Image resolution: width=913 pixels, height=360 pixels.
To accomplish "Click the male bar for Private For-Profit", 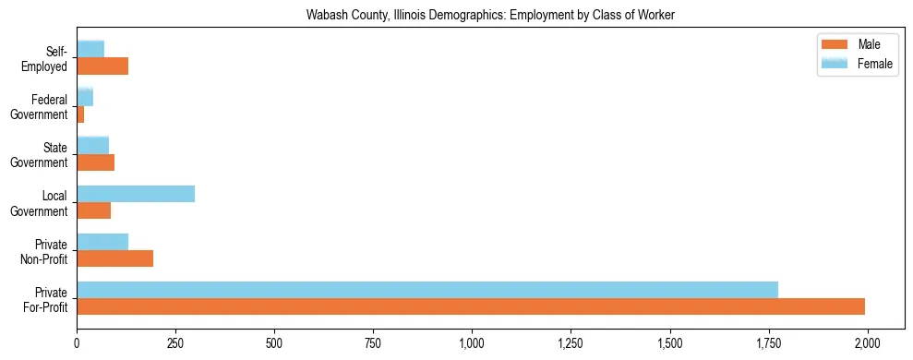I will pyautogui.click(x=471, y=306).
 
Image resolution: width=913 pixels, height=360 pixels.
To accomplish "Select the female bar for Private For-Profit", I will pyautogui.click(x=427, y=290).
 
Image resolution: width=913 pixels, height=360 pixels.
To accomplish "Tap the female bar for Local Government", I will pyautogui.click(x=136, y=194).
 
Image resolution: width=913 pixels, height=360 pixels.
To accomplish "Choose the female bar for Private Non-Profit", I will pyautogui.click(x=102, y=242).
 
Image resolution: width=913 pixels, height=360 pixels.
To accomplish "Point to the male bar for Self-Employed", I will pyautogui.click(x=102, y=66).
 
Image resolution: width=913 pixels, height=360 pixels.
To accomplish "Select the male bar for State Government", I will pyautogui.click(x=95, y=162).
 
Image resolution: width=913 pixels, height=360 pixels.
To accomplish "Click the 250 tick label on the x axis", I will pyautogui.click(x=175, y=343).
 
